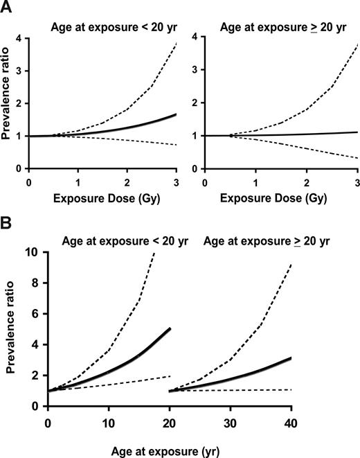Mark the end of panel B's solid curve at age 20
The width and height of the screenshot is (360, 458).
[170, 328]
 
